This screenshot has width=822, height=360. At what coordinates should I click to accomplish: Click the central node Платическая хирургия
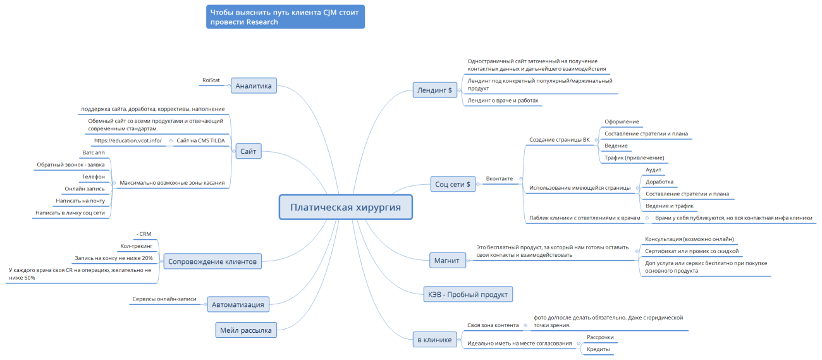coord(346,207)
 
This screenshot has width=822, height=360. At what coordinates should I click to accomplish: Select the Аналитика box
coord(254,85)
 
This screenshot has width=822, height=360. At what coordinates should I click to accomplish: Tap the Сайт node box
coord(248,151)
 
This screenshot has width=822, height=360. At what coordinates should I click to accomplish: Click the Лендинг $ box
coord(435,90)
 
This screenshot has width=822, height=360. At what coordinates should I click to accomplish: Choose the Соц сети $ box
coord(453,184)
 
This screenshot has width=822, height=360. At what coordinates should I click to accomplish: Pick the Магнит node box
coord(447,261)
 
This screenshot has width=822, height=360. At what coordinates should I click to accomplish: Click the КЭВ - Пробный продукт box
coord(468,294)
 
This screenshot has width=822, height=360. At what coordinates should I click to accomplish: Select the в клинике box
coord(435,340)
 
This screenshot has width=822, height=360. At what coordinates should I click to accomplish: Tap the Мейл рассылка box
coord(246,330)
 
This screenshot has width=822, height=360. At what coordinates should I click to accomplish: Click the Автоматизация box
coord(238,304)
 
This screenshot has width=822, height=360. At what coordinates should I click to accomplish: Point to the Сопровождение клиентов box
coord(212,261)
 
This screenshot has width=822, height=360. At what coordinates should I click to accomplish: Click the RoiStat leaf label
coord(211,80)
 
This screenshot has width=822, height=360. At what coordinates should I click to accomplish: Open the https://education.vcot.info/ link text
coord(128,140)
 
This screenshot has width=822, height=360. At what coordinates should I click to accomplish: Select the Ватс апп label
coord(94,152)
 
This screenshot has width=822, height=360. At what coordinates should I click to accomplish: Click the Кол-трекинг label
coord(136,246)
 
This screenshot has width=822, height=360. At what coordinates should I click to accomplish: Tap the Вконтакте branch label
coord(500,178)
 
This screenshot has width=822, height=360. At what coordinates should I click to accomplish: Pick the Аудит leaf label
coord(654,170)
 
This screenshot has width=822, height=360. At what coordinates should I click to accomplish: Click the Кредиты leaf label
coord(598,349)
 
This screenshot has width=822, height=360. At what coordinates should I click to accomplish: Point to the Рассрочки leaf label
coord(600,337)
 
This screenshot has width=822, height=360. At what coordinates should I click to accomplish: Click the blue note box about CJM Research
coord(286,17)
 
